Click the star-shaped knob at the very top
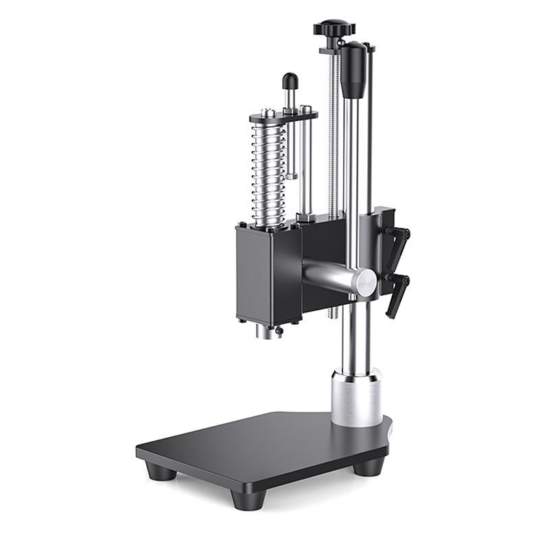click(x=334, y=28)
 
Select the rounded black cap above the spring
click(x=290, y=81)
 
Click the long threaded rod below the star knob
click(x=334, y=137)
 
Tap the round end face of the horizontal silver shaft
click(x=364, y=283)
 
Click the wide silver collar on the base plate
click(x=356, y=398)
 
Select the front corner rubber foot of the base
click(x=244, y=498)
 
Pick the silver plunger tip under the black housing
click(x=268, y=331)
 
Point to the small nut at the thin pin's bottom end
click(x=292, y=176)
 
